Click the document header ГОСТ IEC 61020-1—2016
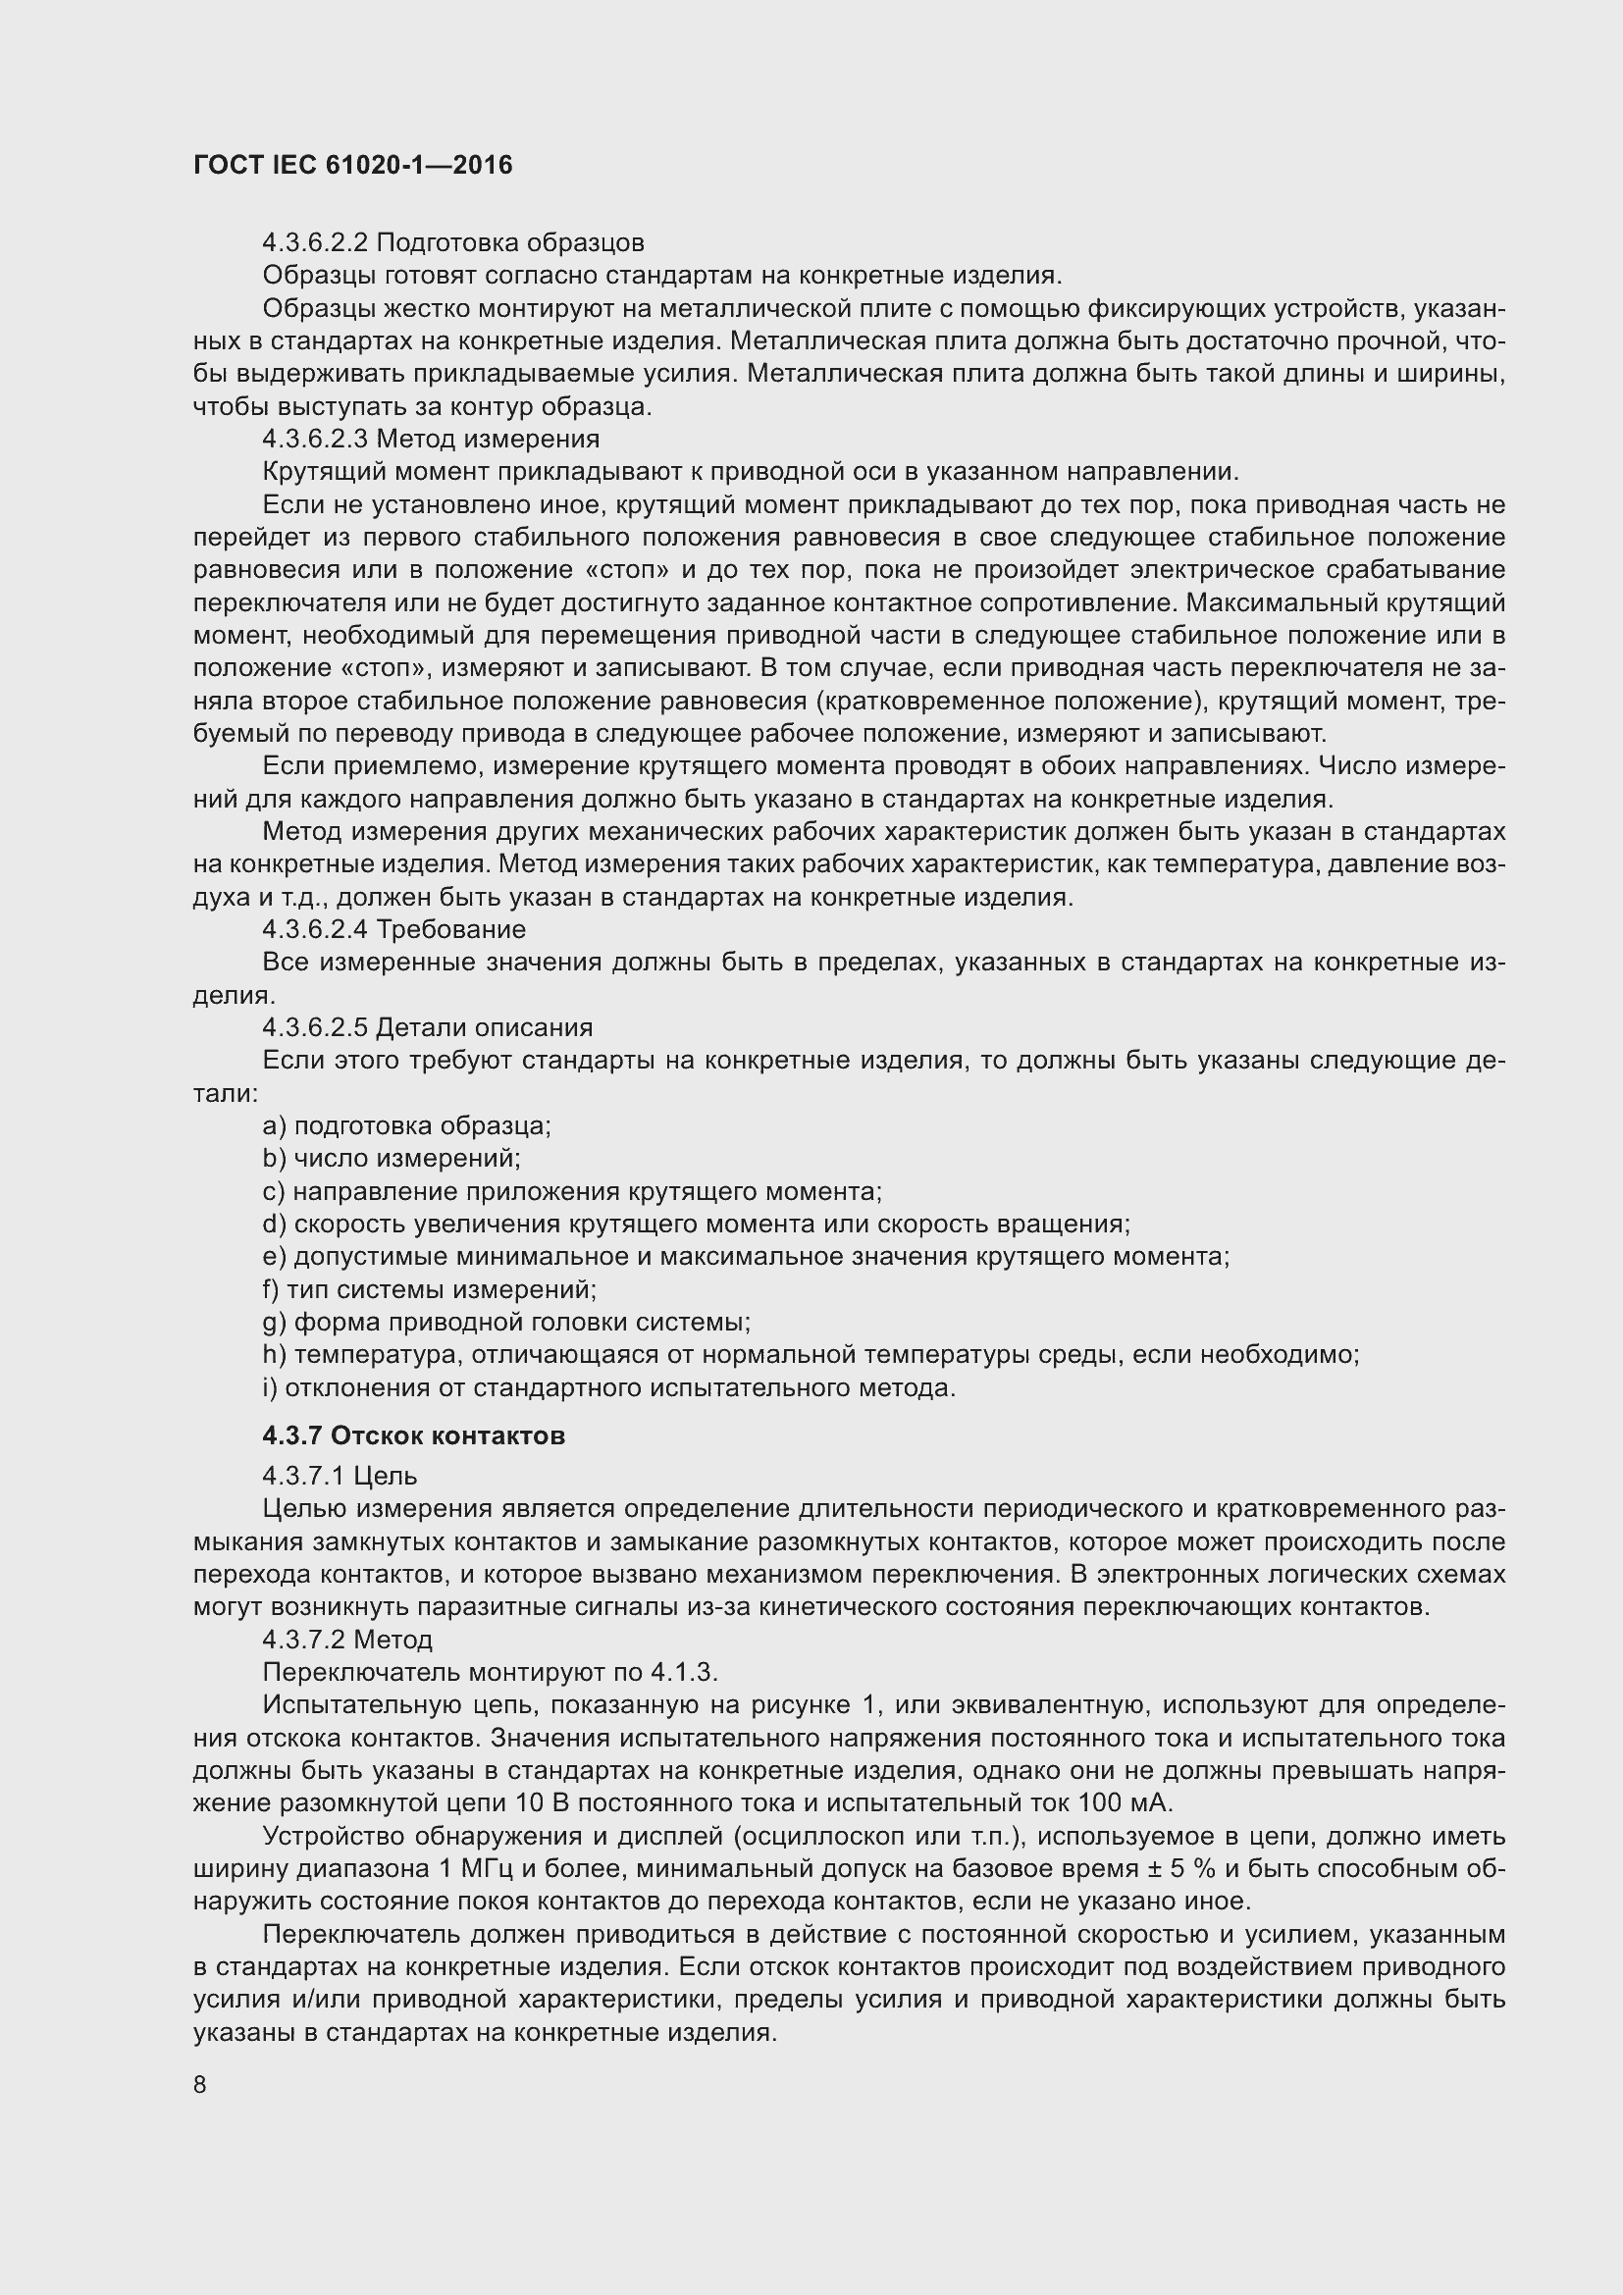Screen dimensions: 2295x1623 point(353,165)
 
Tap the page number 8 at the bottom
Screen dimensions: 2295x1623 point(200,2084)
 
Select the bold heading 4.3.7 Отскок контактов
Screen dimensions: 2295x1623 point(414,1435)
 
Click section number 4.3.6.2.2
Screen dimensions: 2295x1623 point(315,243)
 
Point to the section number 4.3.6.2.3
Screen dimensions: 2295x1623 point(315,439)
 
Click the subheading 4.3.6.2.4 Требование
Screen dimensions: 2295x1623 point(393,929)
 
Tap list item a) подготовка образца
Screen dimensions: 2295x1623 point(407,1125)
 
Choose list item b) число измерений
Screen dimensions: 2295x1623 point(392,1159)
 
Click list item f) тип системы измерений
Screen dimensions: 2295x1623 point(430,1289)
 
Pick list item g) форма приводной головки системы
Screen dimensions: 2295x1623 point(506,1323)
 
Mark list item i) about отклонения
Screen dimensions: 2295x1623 point(609,1387)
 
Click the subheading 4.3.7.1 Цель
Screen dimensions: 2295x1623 point(340,1476)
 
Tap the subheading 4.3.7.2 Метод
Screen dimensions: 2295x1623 point(347,1640)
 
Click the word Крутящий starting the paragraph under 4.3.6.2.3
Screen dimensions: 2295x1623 point(323,472)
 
